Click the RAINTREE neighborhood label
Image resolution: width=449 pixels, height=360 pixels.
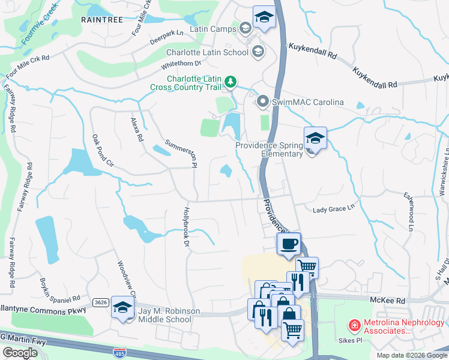point(102,20)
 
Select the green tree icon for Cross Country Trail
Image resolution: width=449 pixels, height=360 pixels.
point(231,81)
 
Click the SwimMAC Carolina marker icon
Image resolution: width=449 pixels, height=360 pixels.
point(262,102)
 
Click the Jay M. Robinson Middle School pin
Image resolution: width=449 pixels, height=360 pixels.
point(122,308)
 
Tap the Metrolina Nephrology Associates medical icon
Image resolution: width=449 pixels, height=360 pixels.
point(355,325)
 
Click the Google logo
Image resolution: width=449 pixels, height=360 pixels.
point(20,353)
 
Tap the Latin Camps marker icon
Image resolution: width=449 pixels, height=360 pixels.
point(245,28)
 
